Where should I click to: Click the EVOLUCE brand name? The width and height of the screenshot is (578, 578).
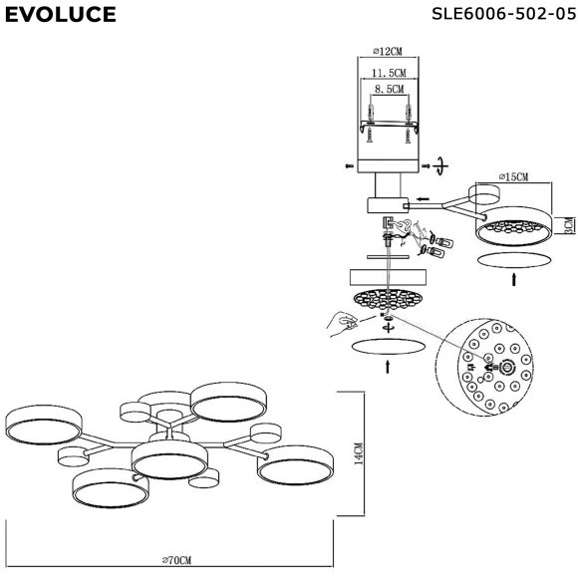coord(61,15)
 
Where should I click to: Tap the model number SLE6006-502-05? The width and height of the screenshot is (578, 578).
coord(503,14)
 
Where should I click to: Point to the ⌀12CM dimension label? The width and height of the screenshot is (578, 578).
coord(388,51)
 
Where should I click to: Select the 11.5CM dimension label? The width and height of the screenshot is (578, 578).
coord(389,73)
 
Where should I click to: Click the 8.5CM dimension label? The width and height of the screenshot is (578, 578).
coord(390,89)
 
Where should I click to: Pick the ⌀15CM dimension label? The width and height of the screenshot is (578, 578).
coord(513,177)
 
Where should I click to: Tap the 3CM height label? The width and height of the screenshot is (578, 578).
coord(570,225)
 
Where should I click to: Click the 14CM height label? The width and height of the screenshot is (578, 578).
coord(359,453)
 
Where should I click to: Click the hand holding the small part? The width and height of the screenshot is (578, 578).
coord(343,324)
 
